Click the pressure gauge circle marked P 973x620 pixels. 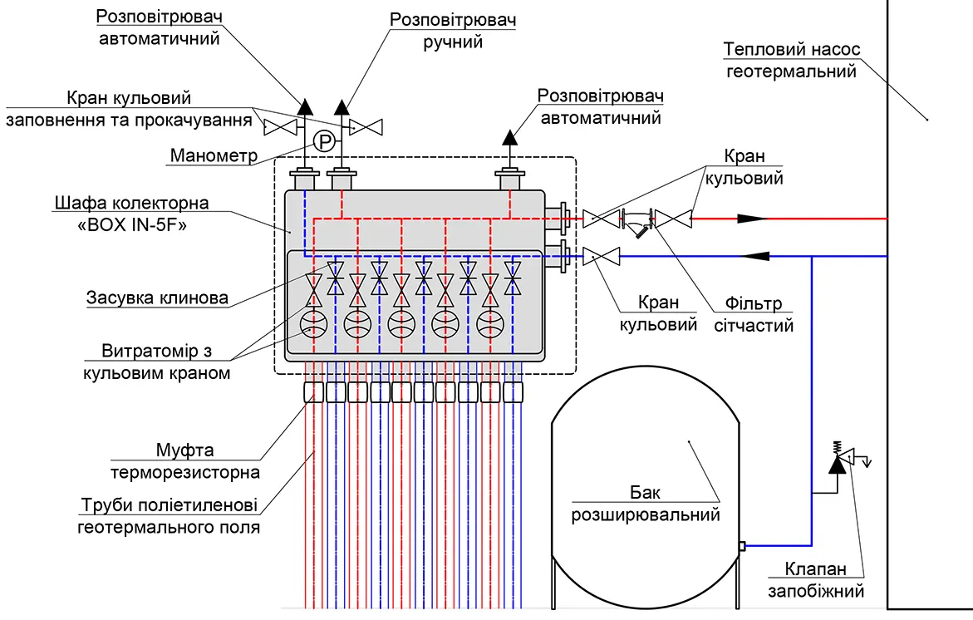pyautogui.click(x=324, y=142)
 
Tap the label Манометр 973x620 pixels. pyautogui.click(x=214, y=155)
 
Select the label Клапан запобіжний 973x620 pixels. pyautogui.click(x=816, y=579)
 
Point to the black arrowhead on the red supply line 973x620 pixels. pyautogui.click(x=753, y=219)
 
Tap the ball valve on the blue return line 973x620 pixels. pyautogui.click(x=602, y=256)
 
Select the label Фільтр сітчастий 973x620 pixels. pyautogui.click(x=754, y=315)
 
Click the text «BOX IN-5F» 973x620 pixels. pyautogui.click(x=131, y=224)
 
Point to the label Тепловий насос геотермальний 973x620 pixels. pyautogui.click(x=792, y=60)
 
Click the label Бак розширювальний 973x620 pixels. pyautogui.click(x=646, y=504)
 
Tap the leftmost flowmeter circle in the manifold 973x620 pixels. pyautogui.click(x=313, y=323)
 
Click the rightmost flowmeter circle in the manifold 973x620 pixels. pyautogui.click(x=490, y=323)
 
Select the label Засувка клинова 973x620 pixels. pyautogui.click(x=157, y=298)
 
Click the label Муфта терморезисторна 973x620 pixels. pyautogui.click(x=185, y=461)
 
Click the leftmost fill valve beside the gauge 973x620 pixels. pyautogui.click(x=281, y=126)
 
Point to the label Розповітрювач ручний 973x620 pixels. pyautogui.click(x=453, y=31)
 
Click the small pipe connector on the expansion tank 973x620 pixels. pyautogui.click(x=741, y=546)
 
